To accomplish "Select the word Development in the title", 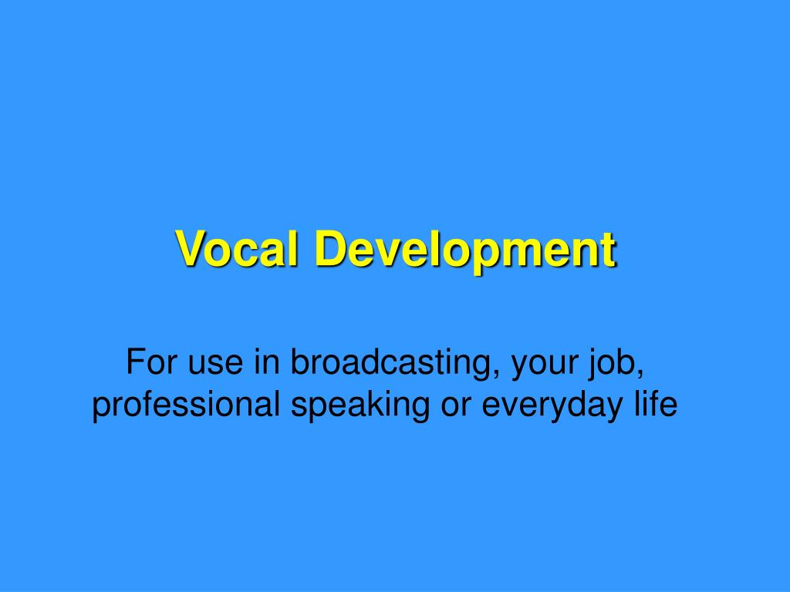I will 465,250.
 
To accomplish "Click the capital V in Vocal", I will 189,248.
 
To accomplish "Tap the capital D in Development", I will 328,248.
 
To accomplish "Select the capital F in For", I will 135,362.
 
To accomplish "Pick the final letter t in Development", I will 609,250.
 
